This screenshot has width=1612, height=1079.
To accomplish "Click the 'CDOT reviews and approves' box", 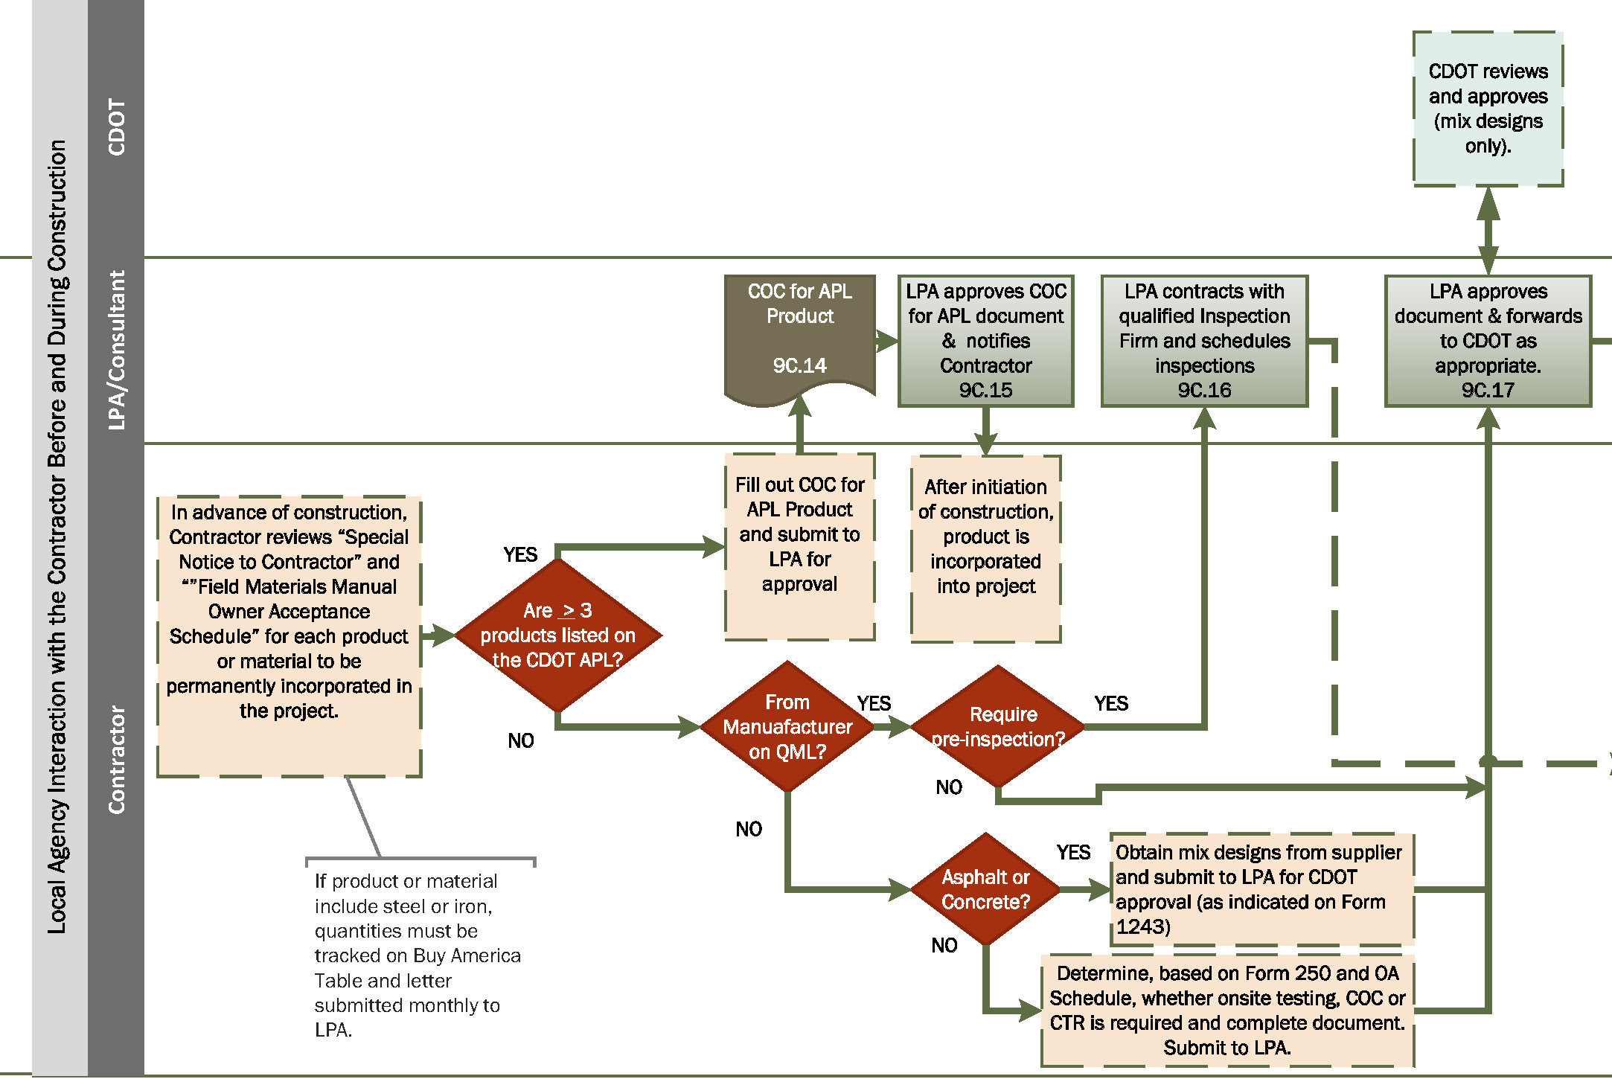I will coord(1488,109).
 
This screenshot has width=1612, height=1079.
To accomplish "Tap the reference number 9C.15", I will coord(985,391).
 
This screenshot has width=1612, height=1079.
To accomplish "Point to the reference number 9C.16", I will coord(1203,391).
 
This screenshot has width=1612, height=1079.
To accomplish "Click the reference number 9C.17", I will coord(1487,391).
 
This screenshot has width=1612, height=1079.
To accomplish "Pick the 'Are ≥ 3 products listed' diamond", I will coord(557,635).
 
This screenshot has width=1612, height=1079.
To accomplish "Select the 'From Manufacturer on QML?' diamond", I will coord(787,726).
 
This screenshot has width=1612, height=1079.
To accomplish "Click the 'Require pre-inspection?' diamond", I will coord(998,726).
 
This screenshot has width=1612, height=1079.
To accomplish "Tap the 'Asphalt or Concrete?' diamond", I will coord(985,889).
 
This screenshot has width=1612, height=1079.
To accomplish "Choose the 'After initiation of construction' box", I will coord(985,548).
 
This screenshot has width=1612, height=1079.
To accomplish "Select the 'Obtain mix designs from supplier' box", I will coord(1261,889).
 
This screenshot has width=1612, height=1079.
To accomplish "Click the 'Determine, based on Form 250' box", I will coord(1226,1010).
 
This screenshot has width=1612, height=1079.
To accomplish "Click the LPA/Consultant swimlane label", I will coord(116,350).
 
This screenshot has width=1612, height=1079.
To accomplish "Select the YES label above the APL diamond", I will coord(519,555).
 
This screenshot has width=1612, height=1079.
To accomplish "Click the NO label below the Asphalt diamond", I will coord(944,946).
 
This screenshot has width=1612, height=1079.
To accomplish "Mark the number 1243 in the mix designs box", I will coord(1142,927).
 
